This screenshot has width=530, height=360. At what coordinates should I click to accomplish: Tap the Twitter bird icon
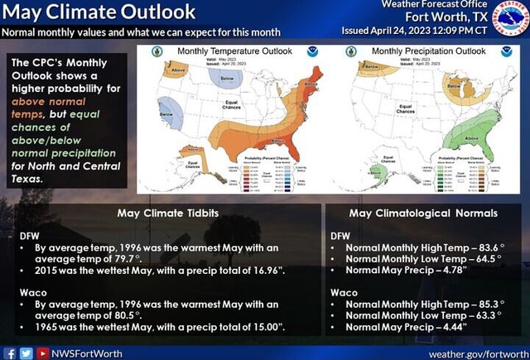[x=26, y=353]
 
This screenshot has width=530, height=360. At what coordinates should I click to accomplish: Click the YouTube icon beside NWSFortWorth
[x=41, y=353]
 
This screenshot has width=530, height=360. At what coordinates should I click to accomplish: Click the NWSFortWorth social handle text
[x=86, y=353]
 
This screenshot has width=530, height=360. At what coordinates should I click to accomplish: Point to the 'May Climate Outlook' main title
[x=99, y=12]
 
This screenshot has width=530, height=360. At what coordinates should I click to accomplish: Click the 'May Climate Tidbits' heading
[x=168, y=213]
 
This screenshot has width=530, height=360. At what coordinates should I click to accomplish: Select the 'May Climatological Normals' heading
[x=423, y=213]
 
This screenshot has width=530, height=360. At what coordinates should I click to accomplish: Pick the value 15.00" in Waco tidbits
[x=263, y=327]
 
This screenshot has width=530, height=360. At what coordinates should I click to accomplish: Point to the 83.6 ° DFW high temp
[x=485, y=247]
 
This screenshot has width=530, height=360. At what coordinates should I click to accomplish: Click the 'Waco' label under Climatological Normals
[x=344, y=292]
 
